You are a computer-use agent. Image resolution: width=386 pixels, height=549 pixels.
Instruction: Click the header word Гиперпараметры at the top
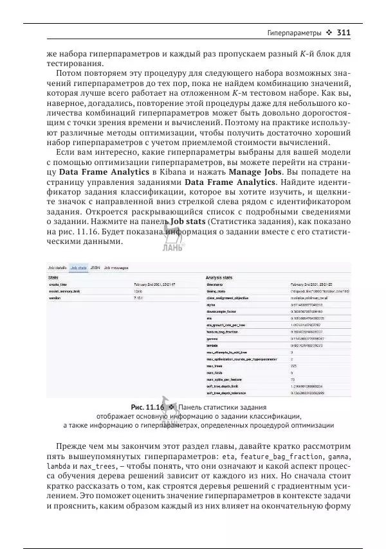(x=295, y=32)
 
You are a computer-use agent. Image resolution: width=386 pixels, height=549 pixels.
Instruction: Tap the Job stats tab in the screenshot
(x=78, y=267)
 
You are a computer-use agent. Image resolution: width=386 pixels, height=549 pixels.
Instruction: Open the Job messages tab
(x=116, y=267)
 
